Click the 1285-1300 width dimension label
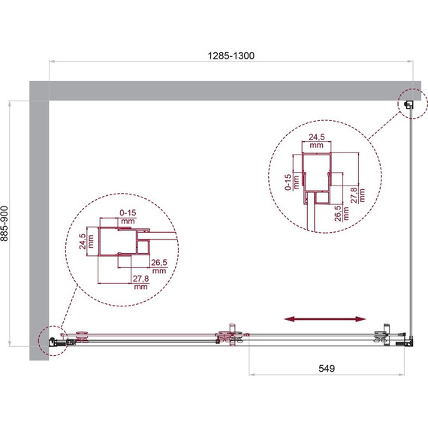(231, 56)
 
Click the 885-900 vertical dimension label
(5, 223)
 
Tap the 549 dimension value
(327, 368)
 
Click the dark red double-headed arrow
(325, 319)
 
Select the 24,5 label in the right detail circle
(317, 137)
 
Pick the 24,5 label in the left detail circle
(83, 241)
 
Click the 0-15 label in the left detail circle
(128, 212)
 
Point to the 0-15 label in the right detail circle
(288, 182)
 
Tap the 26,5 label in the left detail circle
(159, 263)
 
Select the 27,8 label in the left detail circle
(141, 279)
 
